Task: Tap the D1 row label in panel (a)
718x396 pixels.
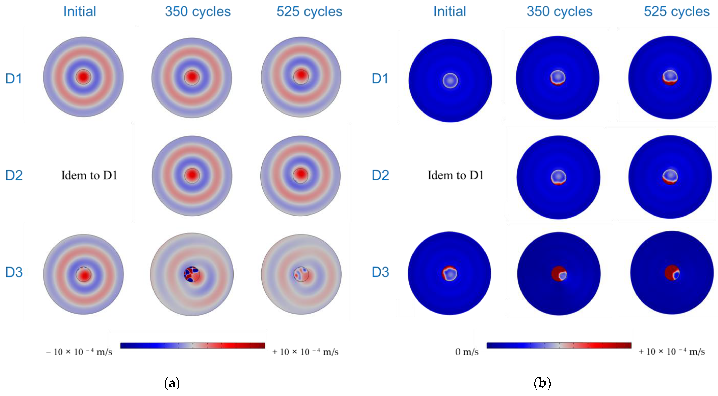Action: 14,79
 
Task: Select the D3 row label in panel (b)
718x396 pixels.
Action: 380,272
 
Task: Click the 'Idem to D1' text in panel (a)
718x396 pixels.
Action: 89,175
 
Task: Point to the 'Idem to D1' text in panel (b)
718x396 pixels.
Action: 455,175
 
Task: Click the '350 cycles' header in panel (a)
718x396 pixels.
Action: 198,12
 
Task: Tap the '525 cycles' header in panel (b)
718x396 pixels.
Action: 676,12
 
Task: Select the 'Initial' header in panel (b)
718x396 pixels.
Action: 449,12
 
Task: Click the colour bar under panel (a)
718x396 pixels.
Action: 192,346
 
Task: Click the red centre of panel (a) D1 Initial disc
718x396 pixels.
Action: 83,77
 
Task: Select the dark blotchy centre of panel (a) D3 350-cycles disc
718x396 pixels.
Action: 192,274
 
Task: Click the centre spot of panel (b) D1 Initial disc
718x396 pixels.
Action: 450,81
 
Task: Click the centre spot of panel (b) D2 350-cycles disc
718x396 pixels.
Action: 558,177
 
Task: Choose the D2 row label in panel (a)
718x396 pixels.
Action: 14,175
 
